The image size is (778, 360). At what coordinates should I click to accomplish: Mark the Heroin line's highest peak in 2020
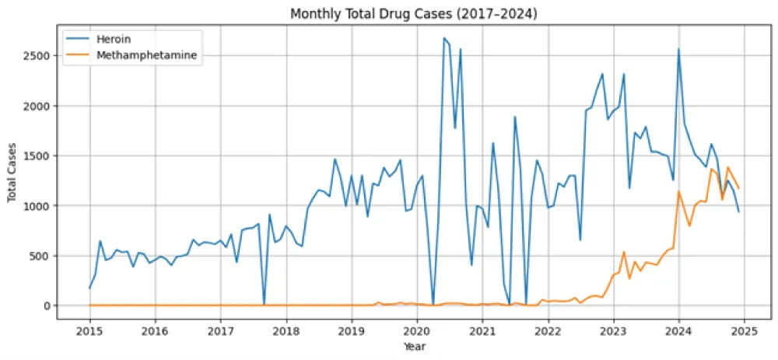(x=444, y=38)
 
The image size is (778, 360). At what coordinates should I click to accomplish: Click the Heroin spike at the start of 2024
(x=678, y=50)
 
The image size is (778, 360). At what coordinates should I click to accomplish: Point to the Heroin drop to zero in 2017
(x=264, y=305)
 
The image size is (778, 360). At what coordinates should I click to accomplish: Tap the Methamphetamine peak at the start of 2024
(x=678, y=191)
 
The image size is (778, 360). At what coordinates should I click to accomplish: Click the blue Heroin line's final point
(x=738, y=211)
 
